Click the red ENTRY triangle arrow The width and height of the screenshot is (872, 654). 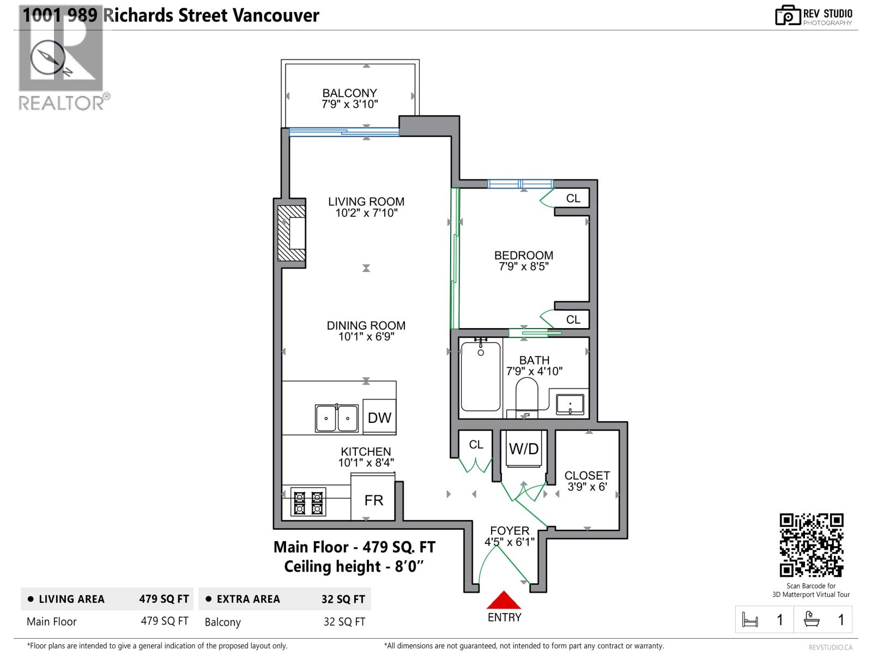504,601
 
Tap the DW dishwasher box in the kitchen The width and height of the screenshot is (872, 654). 379,417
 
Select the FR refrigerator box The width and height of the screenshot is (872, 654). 373,500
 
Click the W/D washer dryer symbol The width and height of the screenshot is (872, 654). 524,449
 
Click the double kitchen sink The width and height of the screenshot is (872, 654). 336,419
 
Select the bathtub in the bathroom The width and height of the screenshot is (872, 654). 480,376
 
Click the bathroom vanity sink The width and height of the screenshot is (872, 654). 570,405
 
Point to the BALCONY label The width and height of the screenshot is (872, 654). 349,93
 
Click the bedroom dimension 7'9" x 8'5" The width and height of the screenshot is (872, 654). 524,267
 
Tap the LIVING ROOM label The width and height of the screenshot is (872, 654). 366,202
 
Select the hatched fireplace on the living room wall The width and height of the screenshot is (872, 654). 292,233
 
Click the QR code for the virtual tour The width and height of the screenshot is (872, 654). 811,545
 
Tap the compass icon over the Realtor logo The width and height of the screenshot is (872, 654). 48,57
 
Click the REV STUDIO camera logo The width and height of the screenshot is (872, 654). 787,16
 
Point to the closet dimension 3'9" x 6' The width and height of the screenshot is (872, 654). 587,487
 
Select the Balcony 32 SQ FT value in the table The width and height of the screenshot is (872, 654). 344,622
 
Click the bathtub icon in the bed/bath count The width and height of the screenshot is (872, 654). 812,620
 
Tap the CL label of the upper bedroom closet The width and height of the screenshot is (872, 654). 573,198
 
